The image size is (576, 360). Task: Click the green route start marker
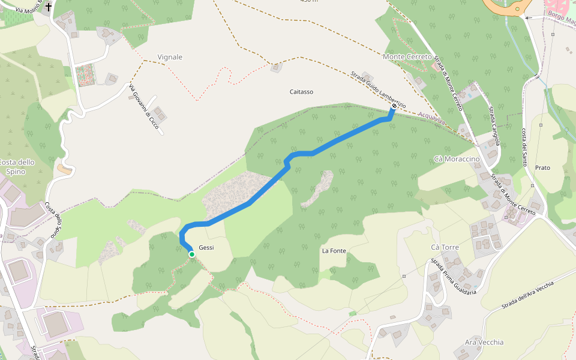point(191,254)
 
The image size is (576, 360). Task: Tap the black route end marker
point(394,106)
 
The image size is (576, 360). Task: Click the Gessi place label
point(206,248)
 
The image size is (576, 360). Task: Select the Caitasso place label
point(301,92)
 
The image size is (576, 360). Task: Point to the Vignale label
point(170,57)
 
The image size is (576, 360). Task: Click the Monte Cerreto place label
point(407,56)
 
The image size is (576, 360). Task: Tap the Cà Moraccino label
point(457,158)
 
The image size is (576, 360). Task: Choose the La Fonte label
point(334,250)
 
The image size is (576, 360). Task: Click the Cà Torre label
point(445,247)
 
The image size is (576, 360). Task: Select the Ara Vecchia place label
point(484,342)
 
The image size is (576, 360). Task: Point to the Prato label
point(542,167)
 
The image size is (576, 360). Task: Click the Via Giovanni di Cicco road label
point(144,106)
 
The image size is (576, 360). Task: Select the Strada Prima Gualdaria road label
point(453,277)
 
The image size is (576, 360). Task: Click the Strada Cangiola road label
point(494,126)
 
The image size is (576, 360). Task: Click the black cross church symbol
point(49,8)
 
